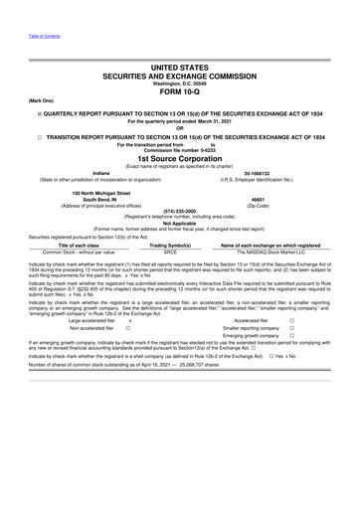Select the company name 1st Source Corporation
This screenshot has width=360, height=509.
(x=180, y=158)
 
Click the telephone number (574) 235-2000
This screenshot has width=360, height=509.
(x=180, y=210)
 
